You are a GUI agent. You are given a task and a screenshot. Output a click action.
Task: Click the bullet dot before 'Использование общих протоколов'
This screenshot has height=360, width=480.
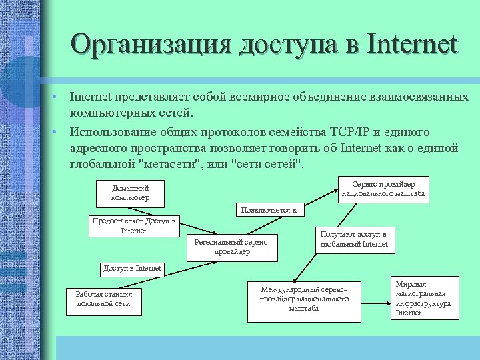point(57,131)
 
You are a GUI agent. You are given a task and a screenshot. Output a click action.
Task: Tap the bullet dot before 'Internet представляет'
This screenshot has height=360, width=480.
point(57,97)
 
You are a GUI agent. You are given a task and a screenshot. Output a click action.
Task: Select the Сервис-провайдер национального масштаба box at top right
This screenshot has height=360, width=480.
point(382,189)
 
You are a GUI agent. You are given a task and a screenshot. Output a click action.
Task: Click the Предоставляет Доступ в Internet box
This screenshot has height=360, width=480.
point(133,226)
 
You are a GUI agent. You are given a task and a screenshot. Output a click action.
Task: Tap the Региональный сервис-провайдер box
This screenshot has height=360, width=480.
point(232,247)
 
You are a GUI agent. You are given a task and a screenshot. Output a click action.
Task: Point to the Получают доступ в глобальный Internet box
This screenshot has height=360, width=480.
point(353,240)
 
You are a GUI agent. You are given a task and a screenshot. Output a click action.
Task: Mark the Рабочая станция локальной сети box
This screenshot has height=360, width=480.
point(104,299)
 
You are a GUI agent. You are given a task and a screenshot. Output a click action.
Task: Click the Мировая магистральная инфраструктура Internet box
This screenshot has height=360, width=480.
point(423,298)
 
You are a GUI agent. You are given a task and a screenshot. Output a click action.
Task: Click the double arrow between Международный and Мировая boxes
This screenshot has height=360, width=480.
point(377,294)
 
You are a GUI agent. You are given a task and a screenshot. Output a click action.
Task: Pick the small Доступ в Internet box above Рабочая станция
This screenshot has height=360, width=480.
point(132,269)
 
